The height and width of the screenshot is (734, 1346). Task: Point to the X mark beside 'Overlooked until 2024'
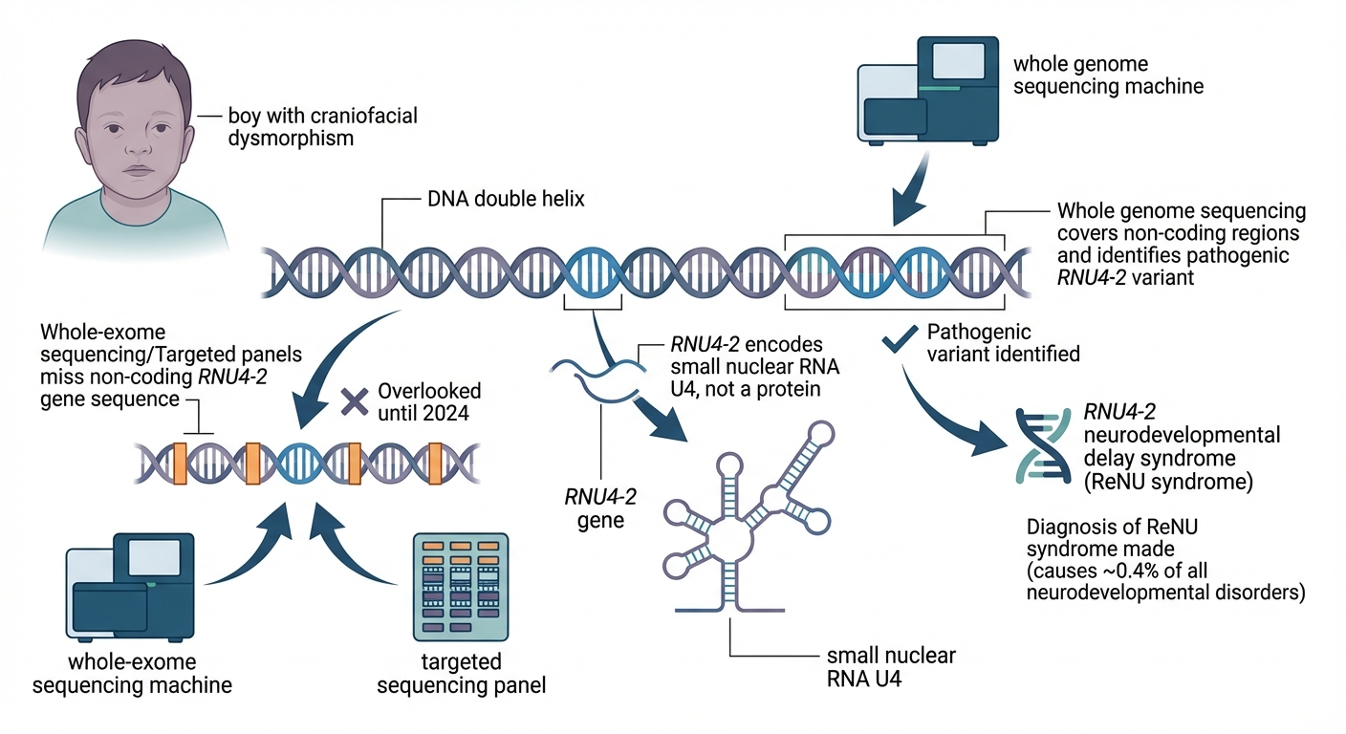tap(356, 401)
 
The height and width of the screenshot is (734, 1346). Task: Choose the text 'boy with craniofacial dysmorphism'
tap(309, 126)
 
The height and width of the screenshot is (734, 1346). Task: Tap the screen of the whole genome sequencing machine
tap(956, 60)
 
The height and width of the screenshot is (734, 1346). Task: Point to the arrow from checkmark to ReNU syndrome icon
tap(946, 410)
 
